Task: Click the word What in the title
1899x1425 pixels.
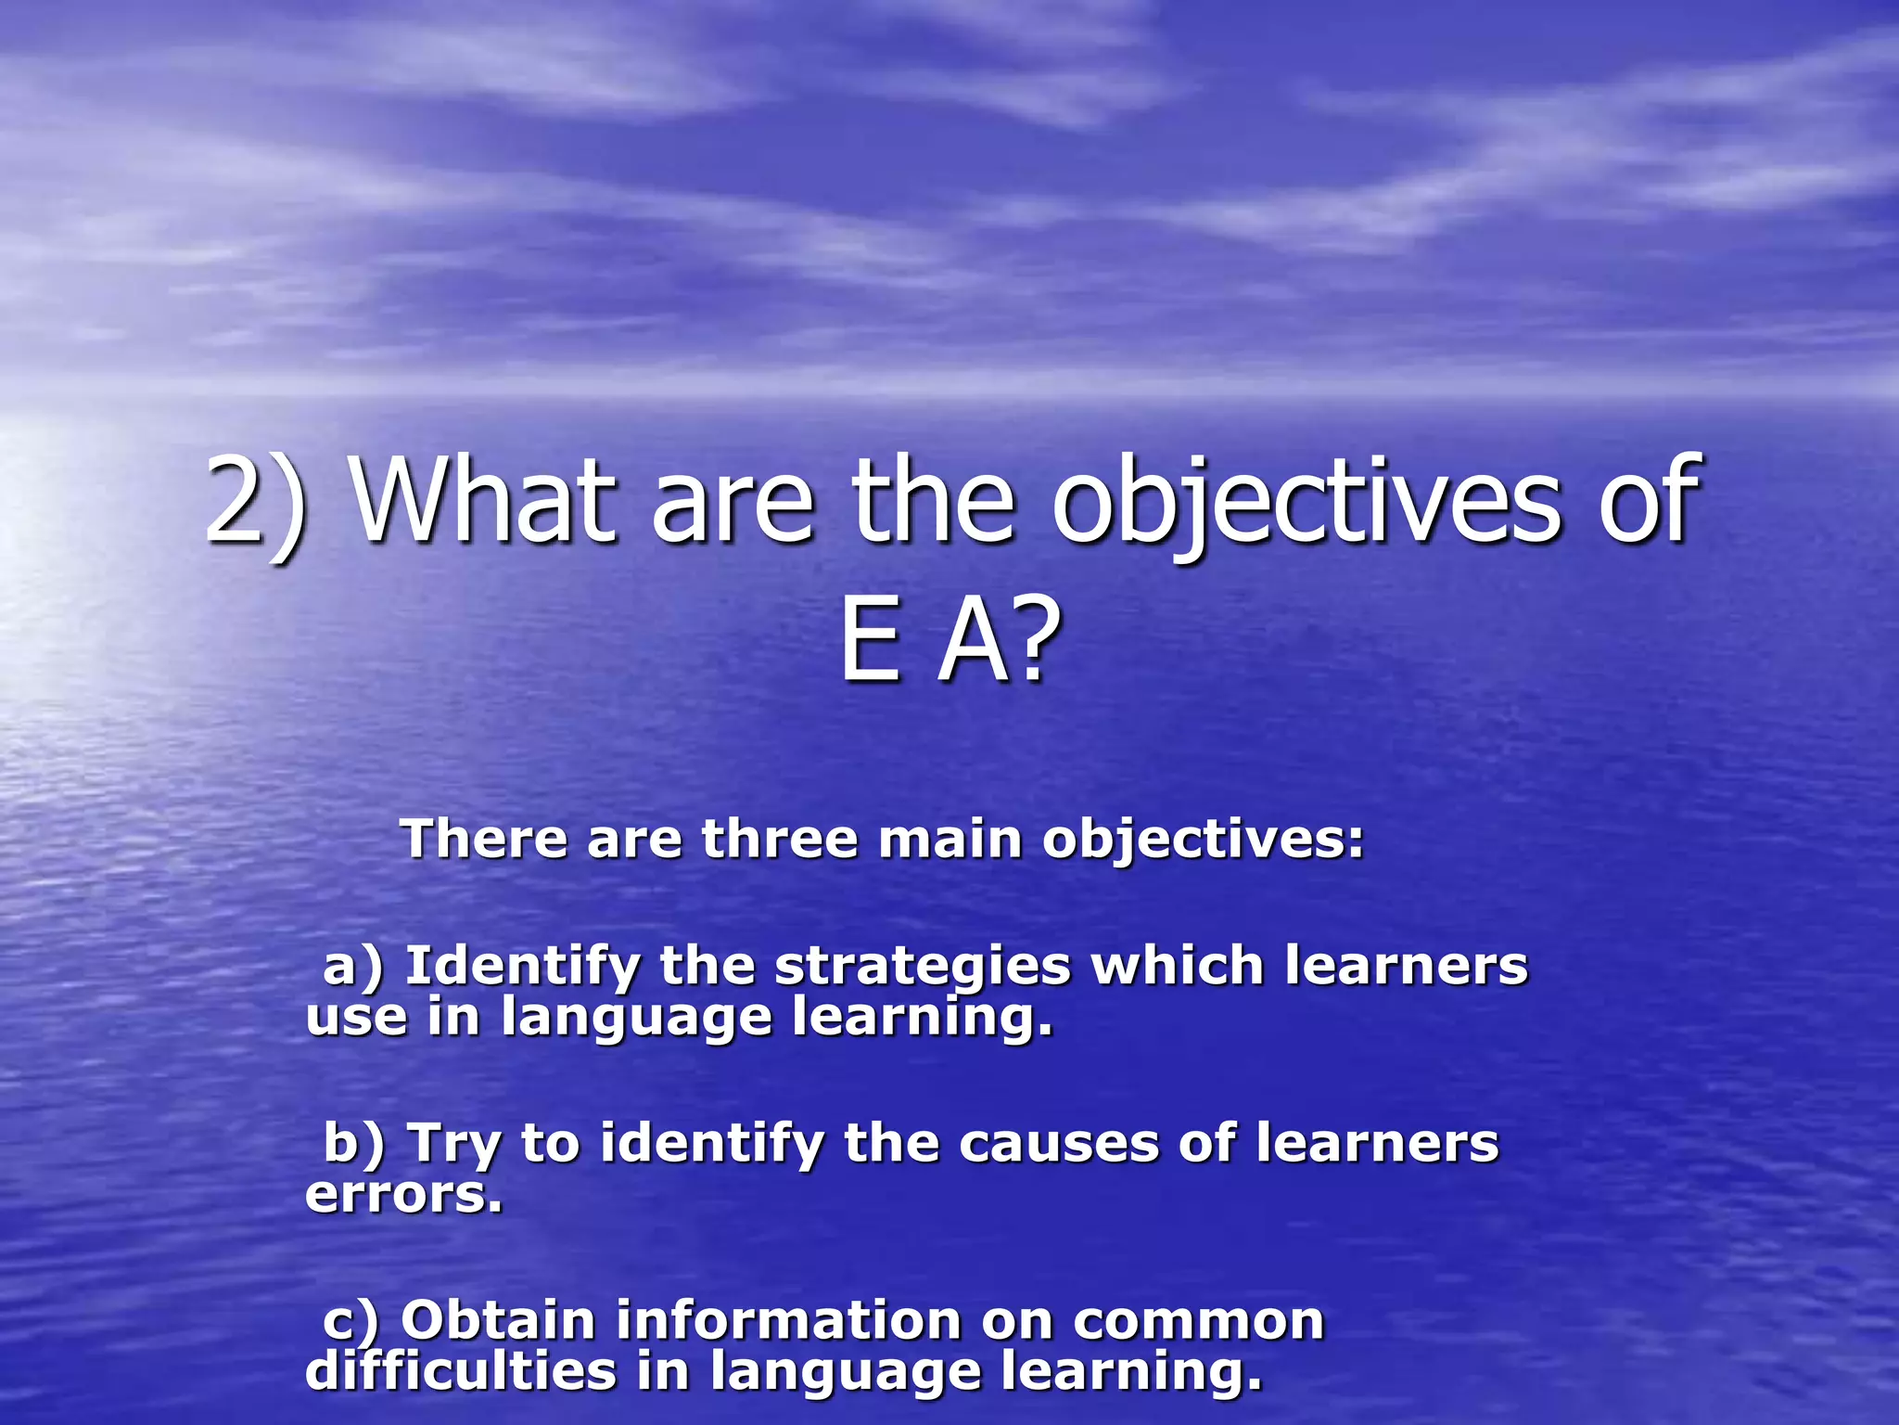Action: (x=483, y=501)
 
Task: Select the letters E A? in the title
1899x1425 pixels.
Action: (x=949, y=640)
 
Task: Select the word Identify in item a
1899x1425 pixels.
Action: (x=522, y=967)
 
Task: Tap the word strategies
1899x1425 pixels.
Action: (x=922, y=967)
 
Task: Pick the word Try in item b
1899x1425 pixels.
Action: (x=454, y=1143)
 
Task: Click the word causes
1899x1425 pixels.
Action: (x=1058, y=1143)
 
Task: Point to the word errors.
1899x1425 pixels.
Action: (x=402, y=1195)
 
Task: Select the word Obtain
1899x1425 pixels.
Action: (x=497, y=1320)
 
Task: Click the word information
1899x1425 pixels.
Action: (x=788, y=1320)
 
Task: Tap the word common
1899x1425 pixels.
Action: (x=1198, y=1322)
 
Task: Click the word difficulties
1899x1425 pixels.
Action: (x=460, y=1371)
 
